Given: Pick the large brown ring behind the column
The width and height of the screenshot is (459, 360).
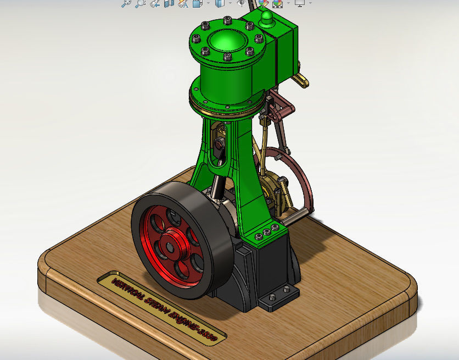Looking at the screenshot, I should (304, 176).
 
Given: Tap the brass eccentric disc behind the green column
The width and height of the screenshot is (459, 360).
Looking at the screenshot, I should (272, 190).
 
